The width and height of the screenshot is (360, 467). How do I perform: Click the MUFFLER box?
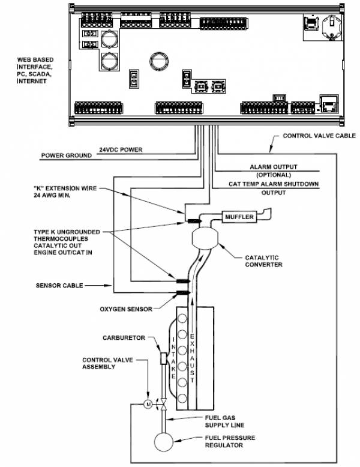pyautogui.click(x=239, y=217)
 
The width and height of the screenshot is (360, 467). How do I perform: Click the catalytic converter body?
pyautogui.click(x=205, y=238)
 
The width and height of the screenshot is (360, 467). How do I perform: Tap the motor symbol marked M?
pyautogui.click(x=148, y=404)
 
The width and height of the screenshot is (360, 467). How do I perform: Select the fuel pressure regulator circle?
pyautogui.click(x=163, y=442)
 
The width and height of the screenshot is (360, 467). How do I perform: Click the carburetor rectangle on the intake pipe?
pyautogui.click(x=163, y=358)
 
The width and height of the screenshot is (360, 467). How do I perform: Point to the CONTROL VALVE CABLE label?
pyautogui.click(x=319, y=136)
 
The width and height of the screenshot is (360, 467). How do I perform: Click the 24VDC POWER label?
pyautogui.click(x=121, y=149)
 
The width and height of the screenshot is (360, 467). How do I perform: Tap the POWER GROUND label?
pyautogui.click(x=67, y=155)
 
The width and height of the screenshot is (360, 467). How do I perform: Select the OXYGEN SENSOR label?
pyautogui.click(x=126, y=309)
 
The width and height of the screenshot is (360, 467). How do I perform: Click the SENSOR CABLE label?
pyautogui.click(x=59, y=286)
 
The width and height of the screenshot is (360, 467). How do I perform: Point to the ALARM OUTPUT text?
pyautogui.click(x=274, y=167)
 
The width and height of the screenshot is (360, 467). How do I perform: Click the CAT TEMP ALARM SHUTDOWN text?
pyautogui.click(x=274, y=184)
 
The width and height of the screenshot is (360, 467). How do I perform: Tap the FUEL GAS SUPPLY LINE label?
pyautogui.click(x=224, y=421)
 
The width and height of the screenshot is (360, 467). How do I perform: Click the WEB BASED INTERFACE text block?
pyautogui.click(x=35, y=70)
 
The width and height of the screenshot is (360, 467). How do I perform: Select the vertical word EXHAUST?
pyautogui.click(x=192, y=358)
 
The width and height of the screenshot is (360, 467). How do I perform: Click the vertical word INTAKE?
pyautogui.click(x=173, y=358)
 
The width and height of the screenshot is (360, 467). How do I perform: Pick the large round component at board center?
pyautogui.click(x=159, y=62)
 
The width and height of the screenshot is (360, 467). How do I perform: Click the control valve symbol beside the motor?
pyautogui.click(x=163, y=405)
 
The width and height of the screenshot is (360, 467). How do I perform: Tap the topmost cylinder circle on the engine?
pyautogui.click(x=182, y=318)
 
